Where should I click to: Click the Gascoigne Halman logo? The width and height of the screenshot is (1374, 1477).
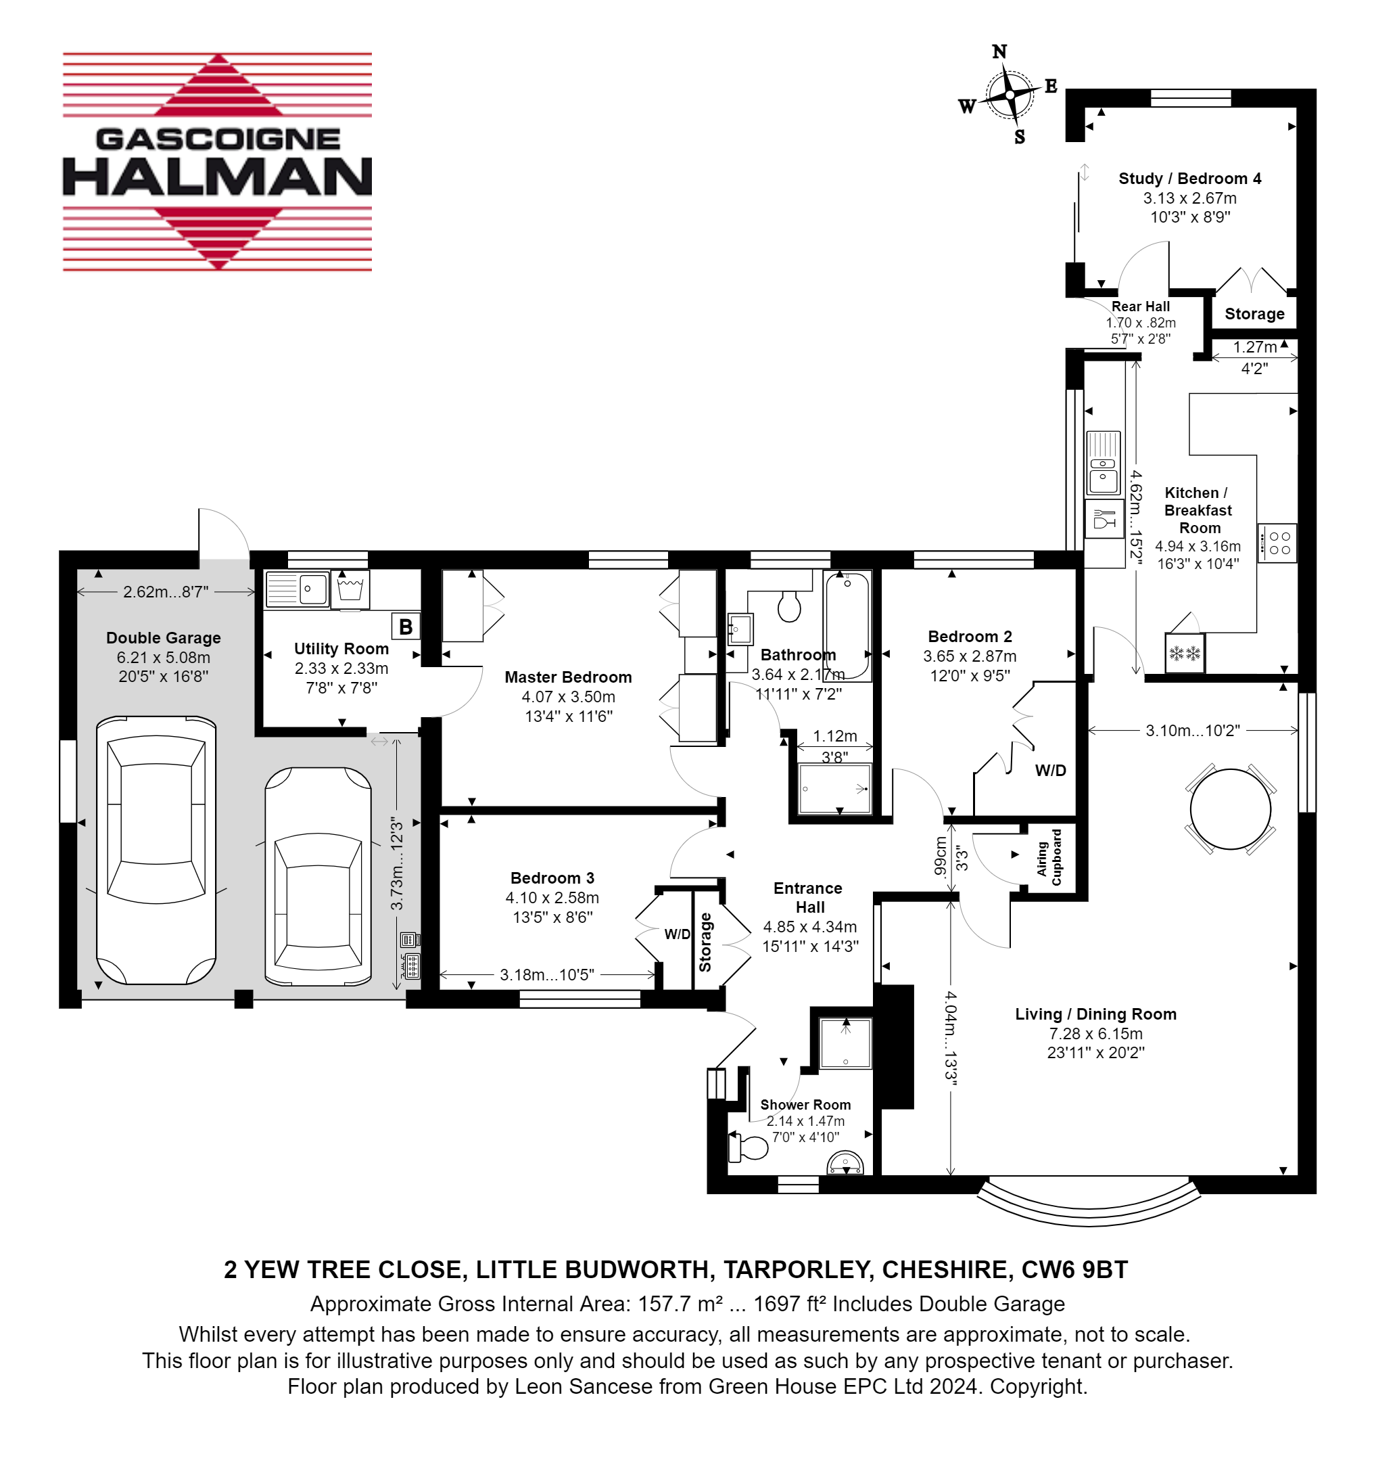pos(217,162)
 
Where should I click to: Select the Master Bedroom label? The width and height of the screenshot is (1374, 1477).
pos(568,677)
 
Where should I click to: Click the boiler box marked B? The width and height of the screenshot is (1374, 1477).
pos(406,627)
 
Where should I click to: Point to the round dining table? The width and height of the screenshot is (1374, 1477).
pos(1230,809)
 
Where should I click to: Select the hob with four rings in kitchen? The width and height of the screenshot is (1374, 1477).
pos(1277,543)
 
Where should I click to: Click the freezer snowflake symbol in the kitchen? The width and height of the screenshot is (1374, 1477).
pos(1185,653)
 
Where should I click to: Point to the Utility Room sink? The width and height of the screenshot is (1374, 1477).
pos(297,590)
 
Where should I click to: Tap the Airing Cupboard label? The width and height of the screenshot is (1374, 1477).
pos(1049,857)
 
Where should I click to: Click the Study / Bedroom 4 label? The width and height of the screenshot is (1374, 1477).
pos(1190,179)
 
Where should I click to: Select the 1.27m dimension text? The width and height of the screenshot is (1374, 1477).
pos(1254,347)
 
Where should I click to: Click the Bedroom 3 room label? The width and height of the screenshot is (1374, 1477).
pos(552,878)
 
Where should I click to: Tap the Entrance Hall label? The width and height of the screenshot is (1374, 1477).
pos(809,897)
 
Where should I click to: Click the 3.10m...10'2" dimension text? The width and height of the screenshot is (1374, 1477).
pos(1193,730)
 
